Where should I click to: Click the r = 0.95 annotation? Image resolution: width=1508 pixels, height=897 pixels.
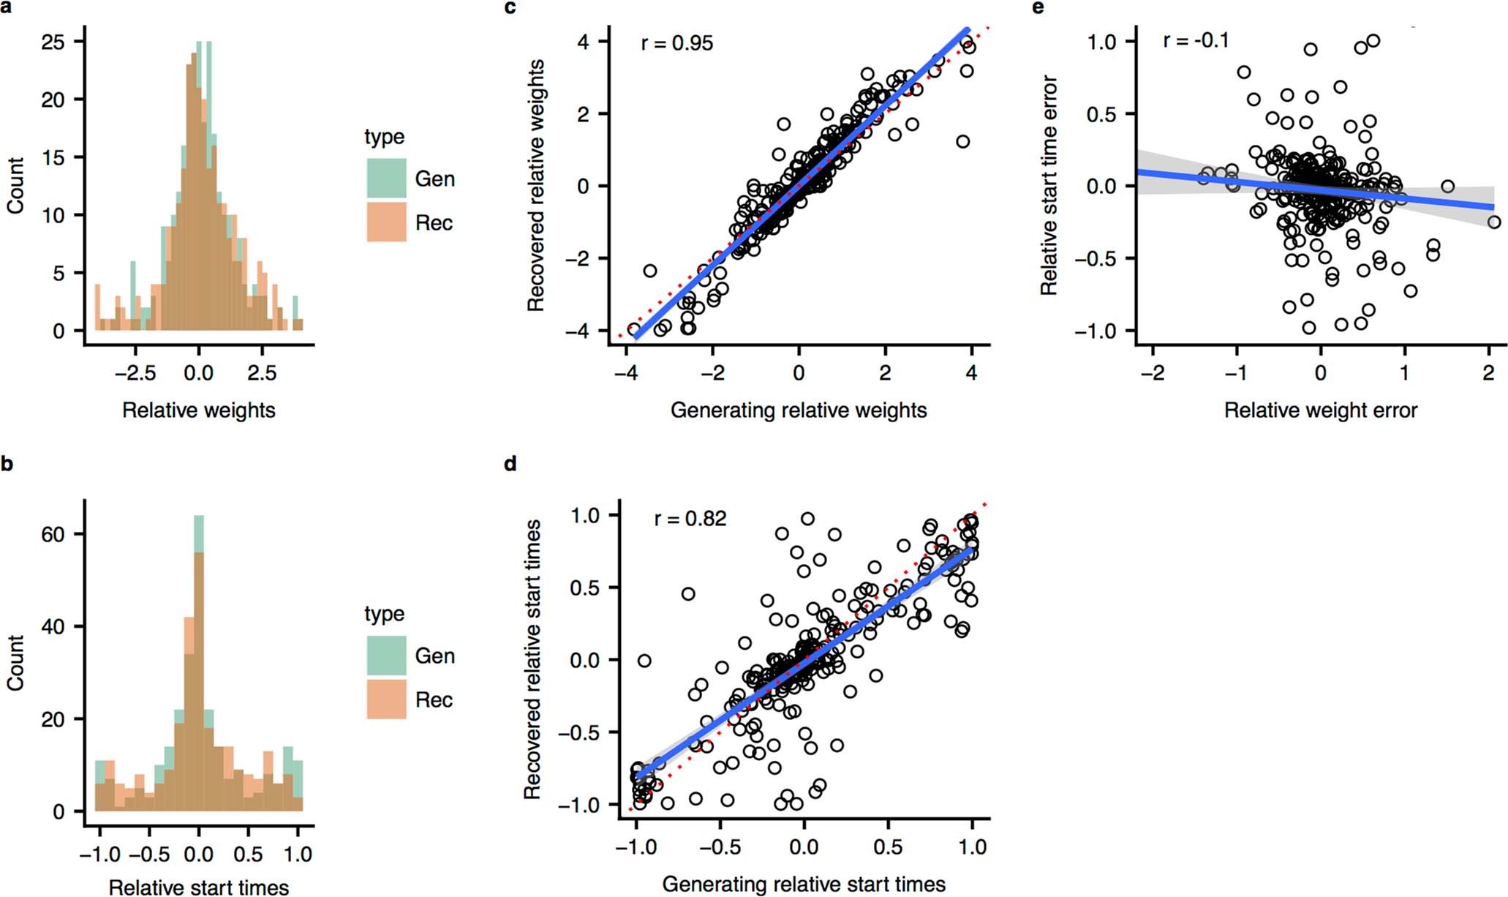click(x=676, y=43)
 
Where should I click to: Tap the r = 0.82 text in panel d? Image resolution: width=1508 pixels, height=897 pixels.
click(x=690, y=519)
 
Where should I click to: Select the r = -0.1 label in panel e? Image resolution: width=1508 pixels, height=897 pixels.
click(x=1196, y=40)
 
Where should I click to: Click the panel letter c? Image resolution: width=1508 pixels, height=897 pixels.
click(x=510, y=8)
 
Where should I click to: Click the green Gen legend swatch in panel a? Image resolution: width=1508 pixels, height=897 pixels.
click(x=386, y=178)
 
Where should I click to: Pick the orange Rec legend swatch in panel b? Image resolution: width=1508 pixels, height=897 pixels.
click(x=386, y=699)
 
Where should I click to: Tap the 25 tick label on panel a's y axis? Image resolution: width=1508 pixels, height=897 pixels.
click(x=53, y=42)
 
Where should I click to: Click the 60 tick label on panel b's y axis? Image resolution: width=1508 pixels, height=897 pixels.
click(x=53, y=535)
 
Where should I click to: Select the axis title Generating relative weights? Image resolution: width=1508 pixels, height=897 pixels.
click(x=799, y=410)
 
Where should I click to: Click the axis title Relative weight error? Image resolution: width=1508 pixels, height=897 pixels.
click(x=1321, y=410)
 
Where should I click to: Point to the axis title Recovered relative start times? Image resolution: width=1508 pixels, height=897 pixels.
click(x=532, y=659)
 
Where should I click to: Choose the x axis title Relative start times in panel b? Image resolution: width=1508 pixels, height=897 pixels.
click(x=199, y=887)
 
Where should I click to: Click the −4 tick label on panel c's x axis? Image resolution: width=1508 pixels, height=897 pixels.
click(x=625, y=372)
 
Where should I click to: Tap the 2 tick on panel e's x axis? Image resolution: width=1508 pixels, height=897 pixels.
click(x=1488, y=372)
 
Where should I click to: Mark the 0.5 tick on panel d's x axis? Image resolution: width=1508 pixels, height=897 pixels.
click(x=888, y=847)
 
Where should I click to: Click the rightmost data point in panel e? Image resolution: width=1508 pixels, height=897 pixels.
click(x=1493, y=222)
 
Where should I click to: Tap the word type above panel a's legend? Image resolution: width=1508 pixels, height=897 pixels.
click(x=384, y=137)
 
